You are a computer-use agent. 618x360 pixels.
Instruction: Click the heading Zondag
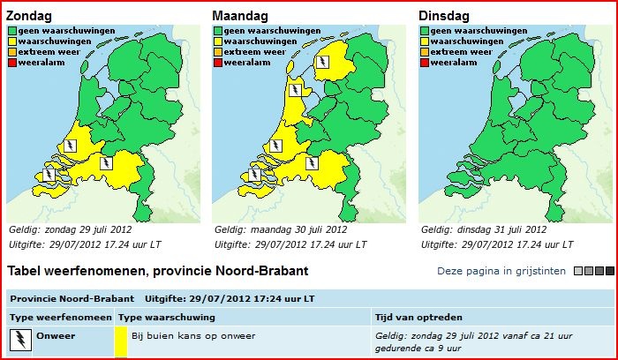tap(29, 16)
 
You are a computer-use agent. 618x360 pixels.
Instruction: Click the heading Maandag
tap(240, 16)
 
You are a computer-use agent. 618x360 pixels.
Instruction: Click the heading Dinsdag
tap(444, 16)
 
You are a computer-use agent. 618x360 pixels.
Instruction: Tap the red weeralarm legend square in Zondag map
tap(12, 63)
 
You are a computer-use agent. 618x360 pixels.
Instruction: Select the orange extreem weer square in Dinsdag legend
tap(425, 52)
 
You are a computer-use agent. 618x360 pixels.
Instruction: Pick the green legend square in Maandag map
tap(218, 31)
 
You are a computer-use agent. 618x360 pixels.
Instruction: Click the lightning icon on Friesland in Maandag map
tap(323, 62)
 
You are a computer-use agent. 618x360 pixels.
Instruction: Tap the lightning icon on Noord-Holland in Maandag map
tap(295, 90)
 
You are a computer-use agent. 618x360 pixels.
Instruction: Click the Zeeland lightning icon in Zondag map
tap(49, 174)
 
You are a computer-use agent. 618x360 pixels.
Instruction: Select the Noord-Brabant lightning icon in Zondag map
tap(106, 163)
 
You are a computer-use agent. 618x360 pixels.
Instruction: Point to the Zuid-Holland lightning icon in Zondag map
tap(70, 146)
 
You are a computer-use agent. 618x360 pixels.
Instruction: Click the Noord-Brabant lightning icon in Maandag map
tap(312, 163)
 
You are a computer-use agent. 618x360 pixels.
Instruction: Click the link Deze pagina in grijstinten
tap(501, 271)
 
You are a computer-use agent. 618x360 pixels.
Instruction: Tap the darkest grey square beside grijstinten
tap(610, 271)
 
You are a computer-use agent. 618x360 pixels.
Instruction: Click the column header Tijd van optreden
tap(418, 318)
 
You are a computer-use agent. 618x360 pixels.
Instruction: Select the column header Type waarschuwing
tap(167, 318)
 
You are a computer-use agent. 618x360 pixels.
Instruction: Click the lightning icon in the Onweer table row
tap(20, 340)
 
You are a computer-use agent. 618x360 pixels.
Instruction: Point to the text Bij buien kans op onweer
tap(193, 336)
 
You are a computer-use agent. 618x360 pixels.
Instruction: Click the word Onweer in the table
tap(56, 336)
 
